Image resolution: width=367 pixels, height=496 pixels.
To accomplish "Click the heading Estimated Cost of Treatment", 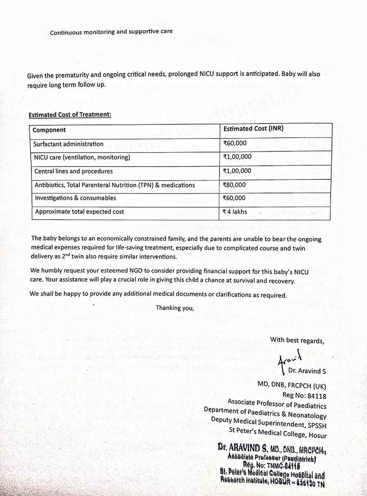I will [70, 114].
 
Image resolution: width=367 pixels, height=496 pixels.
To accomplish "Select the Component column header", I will [49, 130].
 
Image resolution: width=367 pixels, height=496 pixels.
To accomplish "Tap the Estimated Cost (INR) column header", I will [253, 129].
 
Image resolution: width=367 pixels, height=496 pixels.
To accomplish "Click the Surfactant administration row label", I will [69, 144].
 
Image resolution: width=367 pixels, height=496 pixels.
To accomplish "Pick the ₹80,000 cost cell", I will [234, 185].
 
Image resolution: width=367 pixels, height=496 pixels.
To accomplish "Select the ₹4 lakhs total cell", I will [235, 212].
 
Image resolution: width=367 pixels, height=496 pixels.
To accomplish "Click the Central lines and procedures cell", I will [74, 171].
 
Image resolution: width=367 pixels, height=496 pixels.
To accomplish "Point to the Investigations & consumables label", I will [75, 198].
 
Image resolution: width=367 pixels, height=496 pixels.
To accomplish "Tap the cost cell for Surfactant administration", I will [235, 143].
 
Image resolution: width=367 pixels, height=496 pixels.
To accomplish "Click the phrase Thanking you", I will [174, 308].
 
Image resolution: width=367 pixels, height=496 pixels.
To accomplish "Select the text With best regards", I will [297, 340].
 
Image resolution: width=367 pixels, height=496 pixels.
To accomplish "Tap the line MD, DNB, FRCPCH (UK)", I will [292, 386].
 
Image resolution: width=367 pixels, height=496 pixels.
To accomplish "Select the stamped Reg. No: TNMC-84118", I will [271, 466].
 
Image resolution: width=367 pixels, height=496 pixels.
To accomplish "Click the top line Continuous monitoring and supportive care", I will [111, 32].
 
